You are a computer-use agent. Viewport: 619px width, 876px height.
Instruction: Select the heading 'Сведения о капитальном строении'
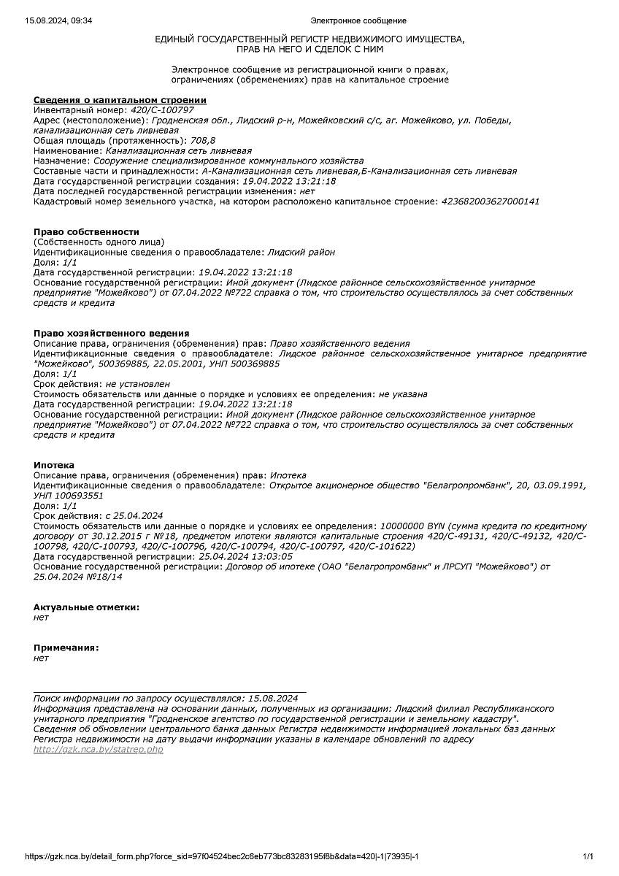[120, 100]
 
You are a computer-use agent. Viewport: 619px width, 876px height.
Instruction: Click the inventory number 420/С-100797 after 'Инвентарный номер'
[162, 109]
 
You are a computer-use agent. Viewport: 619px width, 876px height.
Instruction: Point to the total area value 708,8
[203, 140]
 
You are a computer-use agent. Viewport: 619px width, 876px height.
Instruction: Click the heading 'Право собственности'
[86, 232]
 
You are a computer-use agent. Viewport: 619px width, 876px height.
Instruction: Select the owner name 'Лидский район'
[301, 252]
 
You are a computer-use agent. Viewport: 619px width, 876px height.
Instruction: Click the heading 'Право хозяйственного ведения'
[111, 334]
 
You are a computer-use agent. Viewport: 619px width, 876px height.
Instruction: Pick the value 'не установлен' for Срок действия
[138, 383]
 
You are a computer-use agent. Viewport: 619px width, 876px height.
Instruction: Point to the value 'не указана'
[403, 393]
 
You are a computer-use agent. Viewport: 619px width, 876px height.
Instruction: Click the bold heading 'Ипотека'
[54, 465]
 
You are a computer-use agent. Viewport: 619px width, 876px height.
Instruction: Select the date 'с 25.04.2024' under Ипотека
[134, 515]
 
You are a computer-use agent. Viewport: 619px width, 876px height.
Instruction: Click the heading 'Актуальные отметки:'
[86, 607]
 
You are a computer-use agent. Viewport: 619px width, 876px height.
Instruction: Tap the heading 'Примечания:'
[66, 648]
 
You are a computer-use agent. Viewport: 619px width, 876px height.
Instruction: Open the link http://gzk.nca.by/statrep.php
[99, 750]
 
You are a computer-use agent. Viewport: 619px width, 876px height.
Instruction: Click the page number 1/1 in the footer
[588, 856]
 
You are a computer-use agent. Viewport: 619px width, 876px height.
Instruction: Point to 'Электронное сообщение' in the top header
[358, 20]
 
